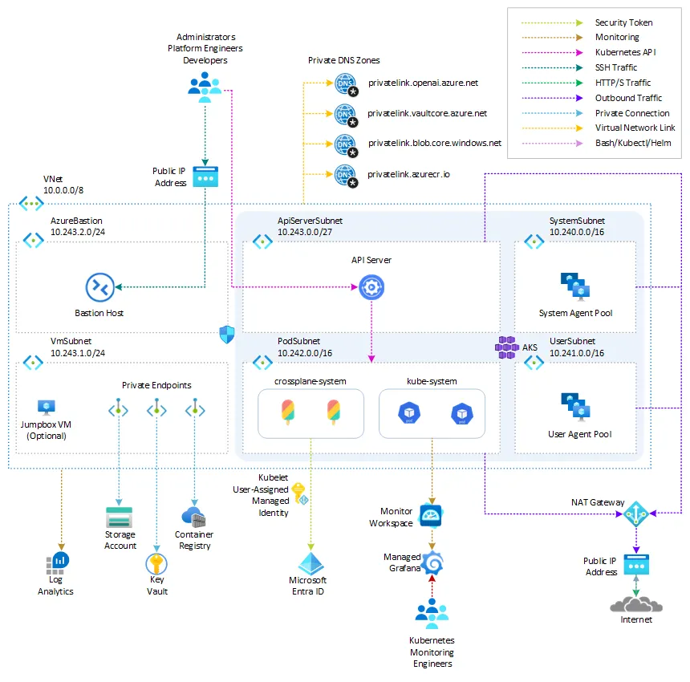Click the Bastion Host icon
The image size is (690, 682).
pos(100,286)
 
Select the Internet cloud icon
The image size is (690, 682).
pos(636,603)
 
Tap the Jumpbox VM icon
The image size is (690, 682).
pos(46,408)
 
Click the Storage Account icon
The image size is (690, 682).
pos(120,516)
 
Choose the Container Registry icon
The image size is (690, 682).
pos(193,516)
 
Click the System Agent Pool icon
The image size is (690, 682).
pos(575,287)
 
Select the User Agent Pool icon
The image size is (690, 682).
pos(575,407)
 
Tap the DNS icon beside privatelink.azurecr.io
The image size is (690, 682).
pos(345,174)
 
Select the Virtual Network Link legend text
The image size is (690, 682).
pos(635,128)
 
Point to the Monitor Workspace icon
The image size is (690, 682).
pos(431,515)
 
